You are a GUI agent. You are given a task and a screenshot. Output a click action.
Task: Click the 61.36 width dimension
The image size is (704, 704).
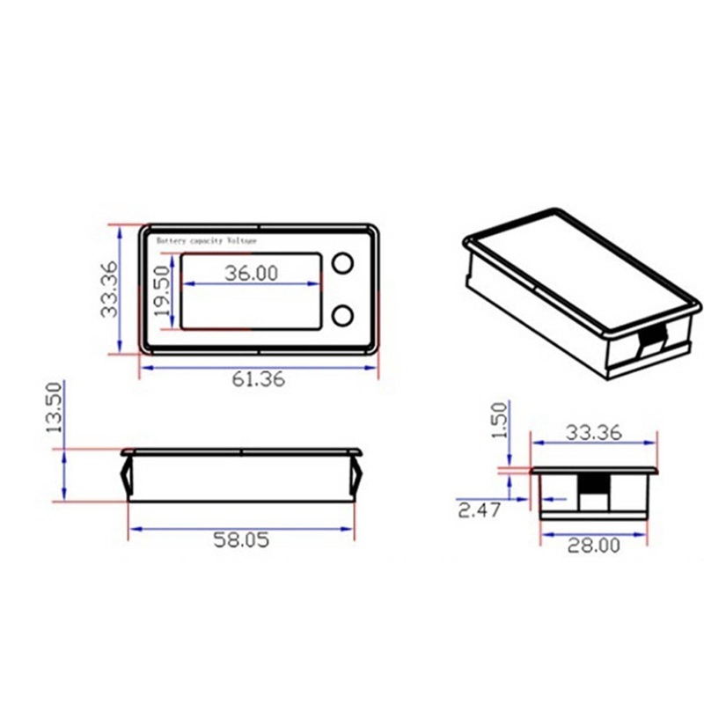[x=259, y=380]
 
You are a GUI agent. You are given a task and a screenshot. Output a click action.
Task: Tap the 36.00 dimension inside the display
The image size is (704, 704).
[x=251, y=273]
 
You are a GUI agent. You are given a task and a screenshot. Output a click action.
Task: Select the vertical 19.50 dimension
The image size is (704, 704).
[x=162, y=292]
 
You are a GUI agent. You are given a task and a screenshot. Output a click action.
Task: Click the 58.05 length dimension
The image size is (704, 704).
[x=240, y=541]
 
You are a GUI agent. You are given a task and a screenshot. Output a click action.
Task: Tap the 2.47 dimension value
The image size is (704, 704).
[x=479, y=510]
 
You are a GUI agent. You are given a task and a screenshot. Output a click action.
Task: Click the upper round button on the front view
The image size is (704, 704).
[x=342, y=263]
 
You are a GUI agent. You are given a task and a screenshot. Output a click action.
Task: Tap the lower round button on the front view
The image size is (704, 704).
[x=342, y=314]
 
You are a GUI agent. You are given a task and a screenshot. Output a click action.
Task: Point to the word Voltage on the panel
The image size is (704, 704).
[x=243, y=240]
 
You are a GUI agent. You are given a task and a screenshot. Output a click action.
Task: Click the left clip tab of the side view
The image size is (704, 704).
[x=126, y=476]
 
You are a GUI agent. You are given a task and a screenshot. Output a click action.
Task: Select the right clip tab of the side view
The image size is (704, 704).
[x=358, y=476]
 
